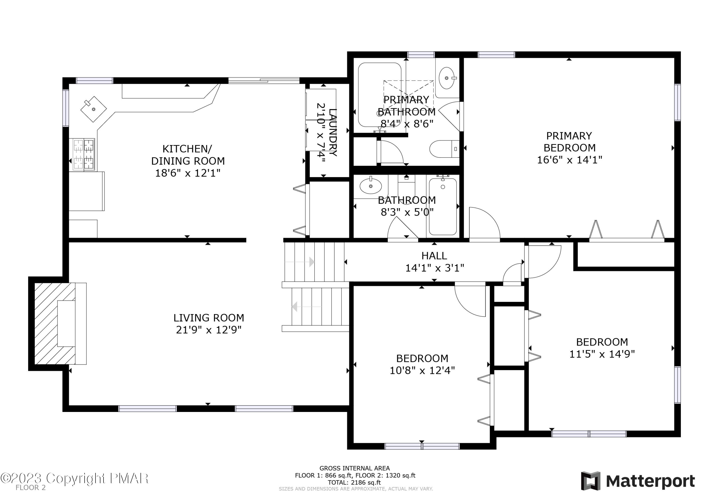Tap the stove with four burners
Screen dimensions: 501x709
(84, 154)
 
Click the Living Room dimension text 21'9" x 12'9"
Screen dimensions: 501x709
(208, 330)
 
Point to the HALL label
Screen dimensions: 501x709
(434, 256)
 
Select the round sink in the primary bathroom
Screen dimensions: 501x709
(447, 78)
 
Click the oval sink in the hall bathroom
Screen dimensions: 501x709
(370, 186)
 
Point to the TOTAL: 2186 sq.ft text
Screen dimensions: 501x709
(354, 483)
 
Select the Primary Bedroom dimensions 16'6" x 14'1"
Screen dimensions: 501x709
(569, 160)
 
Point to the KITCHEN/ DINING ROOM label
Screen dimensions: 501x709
(187, 155)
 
